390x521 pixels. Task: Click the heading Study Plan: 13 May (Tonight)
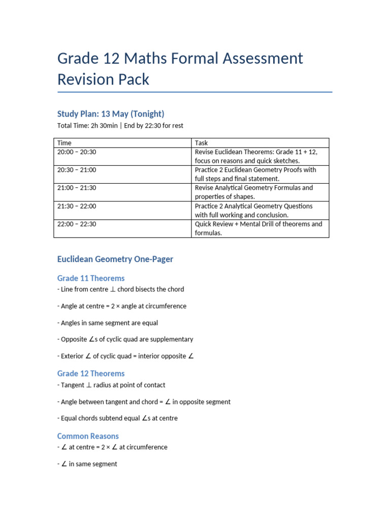coord(111,113)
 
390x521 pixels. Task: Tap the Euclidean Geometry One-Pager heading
coord(115,259)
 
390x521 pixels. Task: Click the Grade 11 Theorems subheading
coord(91,278)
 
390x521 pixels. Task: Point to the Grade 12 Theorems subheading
coord(91,373)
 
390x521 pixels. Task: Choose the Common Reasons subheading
coord(88,436)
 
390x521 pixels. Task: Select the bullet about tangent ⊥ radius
coord(111,385)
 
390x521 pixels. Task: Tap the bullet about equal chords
coord(117,418)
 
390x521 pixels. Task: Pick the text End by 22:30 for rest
coord(150,126)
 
